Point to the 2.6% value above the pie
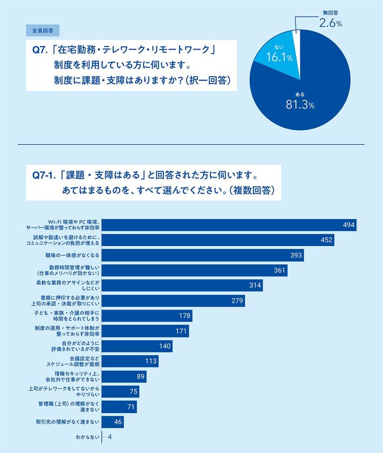point(330,23)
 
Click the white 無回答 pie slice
point(296,39)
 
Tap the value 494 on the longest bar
point(348,225)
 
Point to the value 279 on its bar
point(237,301)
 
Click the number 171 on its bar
point(182,331)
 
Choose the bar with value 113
point(130,361)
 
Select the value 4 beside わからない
point(110,437)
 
